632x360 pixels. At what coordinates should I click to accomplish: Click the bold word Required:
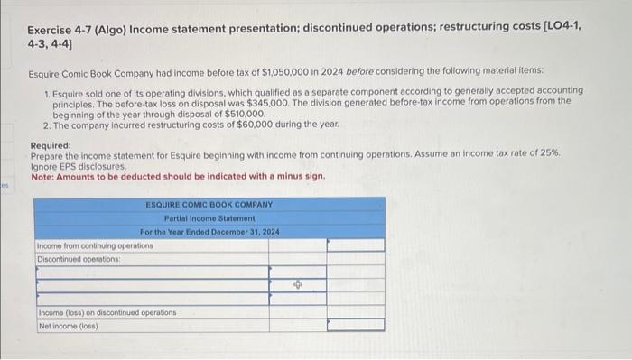tap(51, 145)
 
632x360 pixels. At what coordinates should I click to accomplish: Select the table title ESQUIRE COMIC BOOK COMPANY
tap(209, 205)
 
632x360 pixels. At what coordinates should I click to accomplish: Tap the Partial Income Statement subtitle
tap(209, 218)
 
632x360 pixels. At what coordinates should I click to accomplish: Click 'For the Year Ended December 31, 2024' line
tap(209, 232)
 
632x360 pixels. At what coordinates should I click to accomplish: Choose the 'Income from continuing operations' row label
tap(95, 245)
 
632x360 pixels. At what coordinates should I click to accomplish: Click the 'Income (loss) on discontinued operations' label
tap(107, 312)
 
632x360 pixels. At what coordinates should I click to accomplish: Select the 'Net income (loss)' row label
tap(69, 325)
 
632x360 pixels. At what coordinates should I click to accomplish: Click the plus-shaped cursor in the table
tap(299, 284)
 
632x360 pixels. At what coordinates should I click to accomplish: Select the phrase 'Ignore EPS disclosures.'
tap(79, 166)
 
